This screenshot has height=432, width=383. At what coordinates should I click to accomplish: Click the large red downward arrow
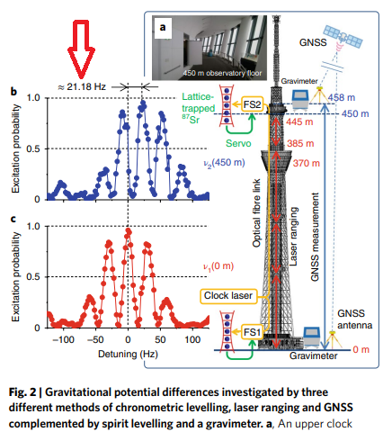(81, 48)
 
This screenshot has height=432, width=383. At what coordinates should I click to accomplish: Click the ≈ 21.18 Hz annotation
(82, 87)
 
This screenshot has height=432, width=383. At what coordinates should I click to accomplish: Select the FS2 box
(253, 104)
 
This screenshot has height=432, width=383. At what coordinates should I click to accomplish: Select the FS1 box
(253, 332)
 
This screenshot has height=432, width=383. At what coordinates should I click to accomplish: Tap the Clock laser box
(228, 296)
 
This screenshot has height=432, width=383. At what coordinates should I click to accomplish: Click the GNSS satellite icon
(343, 38)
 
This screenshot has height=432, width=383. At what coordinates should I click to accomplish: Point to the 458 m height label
(342, 97)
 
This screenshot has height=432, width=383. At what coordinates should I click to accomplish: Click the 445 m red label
(299, 121)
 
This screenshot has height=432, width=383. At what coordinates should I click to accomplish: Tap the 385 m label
(300, 144)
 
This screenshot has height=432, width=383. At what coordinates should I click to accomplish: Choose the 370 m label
(307, 163)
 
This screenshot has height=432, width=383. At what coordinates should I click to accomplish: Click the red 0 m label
(361, 350)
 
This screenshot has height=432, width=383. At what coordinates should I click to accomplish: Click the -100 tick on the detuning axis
(63, 340)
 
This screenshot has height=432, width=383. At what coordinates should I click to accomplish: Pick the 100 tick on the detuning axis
(192, 340)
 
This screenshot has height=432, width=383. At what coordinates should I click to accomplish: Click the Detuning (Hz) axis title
(128, 355)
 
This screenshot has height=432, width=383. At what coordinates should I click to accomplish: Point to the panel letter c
(13, 220)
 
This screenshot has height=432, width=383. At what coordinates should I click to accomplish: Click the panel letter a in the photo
(163, 28)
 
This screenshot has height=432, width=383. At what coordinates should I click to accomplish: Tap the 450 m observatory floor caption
(222, 73)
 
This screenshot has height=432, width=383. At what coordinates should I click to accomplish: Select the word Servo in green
(238, 143)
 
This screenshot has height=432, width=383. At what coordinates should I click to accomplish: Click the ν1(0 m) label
(218, 266)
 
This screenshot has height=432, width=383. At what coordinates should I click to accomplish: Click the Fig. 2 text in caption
(22, 392)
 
